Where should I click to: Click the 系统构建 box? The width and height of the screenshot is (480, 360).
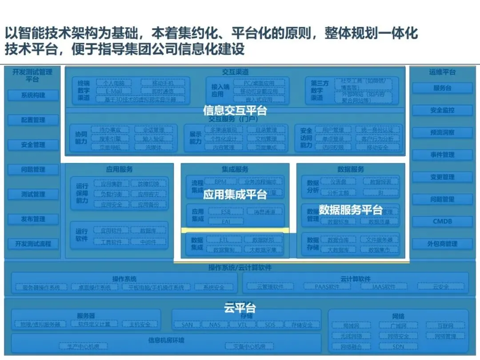tap(33, 95)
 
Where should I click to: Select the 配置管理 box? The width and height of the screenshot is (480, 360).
tap(33, 120)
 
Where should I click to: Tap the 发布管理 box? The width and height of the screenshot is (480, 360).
tap(33, 219)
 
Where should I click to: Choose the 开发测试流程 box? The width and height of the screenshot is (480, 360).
tap(33, 244)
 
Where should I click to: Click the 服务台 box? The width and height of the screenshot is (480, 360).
tap(442, 88)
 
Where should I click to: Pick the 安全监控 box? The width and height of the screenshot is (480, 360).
tap(442, 110)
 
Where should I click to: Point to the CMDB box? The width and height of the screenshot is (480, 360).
tap(442, 221)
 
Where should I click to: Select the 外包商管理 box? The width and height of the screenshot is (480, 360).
tap(442, 244)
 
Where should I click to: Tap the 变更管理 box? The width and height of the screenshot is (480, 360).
tap(442, 177)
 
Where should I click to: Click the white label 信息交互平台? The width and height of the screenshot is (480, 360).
tap(235, 110)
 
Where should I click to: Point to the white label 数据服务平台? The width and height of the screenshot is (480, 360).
tap(351, 209)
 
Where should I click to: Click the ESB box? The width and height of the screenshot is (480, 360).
tap(226, 212)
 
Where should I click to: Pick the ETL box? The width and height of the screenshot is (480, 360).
tap(224, 240)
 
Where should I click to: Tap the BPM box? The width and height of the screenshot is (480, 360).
tap(220, 182)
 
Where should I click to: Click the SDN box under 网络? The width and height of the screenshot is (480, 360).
tap(398, 346)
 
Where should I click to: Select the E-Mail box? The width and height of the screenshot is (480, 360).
tap(113, 91)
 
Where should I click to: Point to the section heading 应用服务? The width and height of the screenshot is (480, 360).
tap(119, 169)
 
